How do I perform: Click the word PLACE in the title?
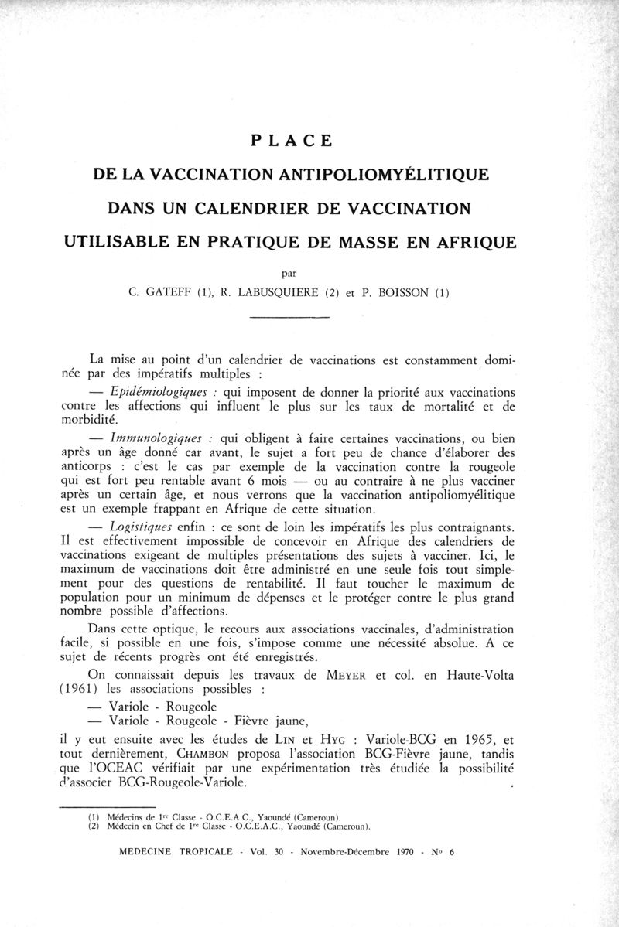292,141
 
